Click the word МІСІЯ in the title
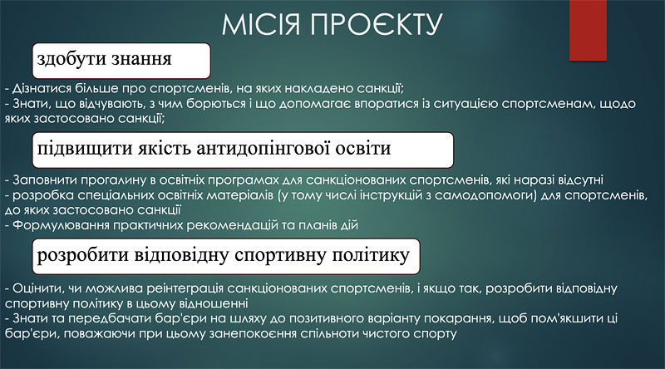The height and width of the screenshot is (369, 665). click(261, 24)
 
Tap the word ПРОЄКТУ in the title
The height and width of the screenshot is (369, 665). click(377, 24)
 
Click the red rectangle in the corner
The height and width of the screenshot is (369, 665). click(588, 30)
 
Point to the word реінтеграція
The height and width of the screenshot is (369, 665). click(185, 289)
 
